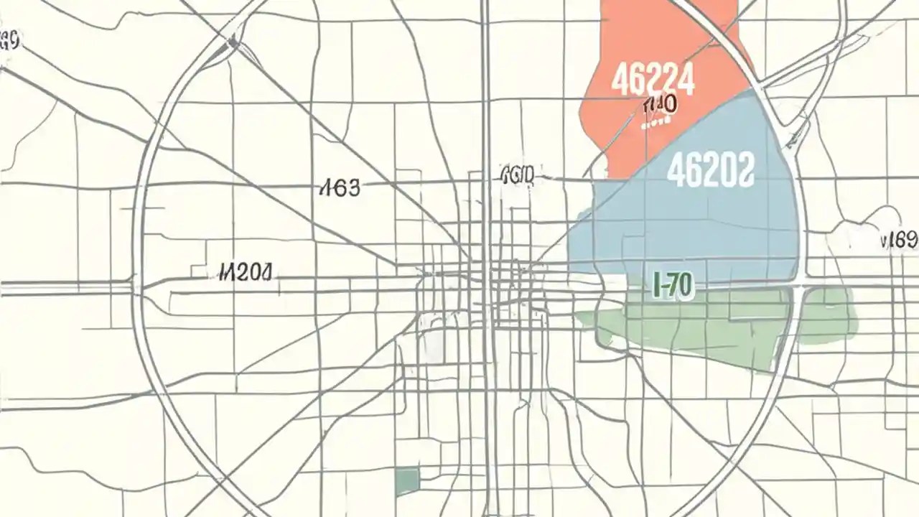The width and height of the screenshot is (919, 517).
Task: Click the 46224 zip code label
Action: coord(653,80)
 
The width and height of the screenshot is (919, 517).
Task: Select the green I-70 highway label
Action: coord(673,286)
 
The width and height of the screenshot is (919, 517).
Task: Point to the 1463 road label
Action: coord(338,189)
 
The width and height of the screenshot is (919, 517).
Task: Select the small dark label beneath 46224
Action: coord(659,106)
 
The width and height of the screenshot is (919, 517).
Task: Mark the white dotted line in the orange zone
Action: coord(655,122)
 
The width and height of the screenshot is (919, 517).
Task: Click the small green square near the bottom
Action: coord(407,480)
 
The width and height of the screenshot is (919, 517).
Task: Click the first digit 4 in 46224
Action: coord(617,80)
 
